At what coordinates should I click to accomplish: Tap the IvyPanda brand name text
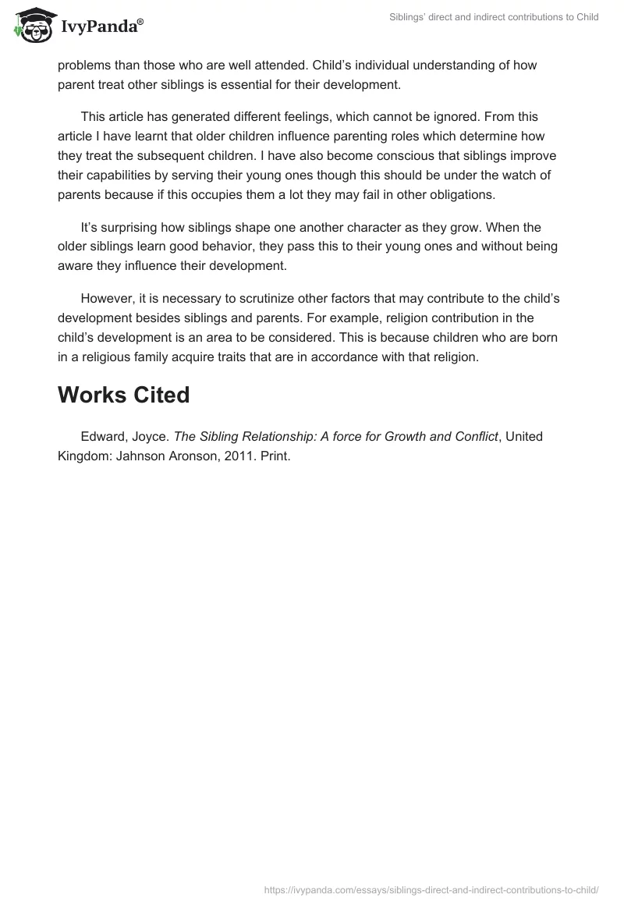pyautogui.click(x=101, y=28)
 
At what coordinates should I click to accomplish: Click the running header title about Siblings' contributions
pyautogui.click(x=494, y=17)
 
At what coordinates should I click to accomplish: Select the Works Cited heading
pyautogui.click(x=123, y=395)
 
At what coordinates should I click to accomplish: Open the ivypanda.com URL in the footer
pyautogui.click(x=431, y=889)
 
